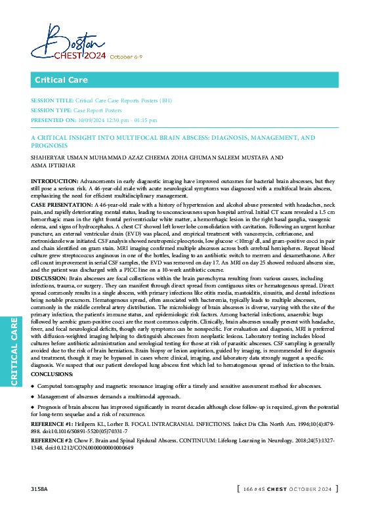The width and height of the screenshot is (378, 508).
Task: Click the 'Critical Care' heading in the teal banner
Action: pos(60,80)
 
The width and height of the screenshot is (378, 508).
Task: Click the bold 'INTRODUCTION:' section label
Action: pos(54,180)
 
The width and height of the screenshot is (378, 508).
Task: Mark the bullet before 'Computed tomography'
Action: pos(33,387)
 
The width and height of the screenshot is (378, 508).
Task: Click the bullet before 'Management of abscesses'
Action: pos(33,397)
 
